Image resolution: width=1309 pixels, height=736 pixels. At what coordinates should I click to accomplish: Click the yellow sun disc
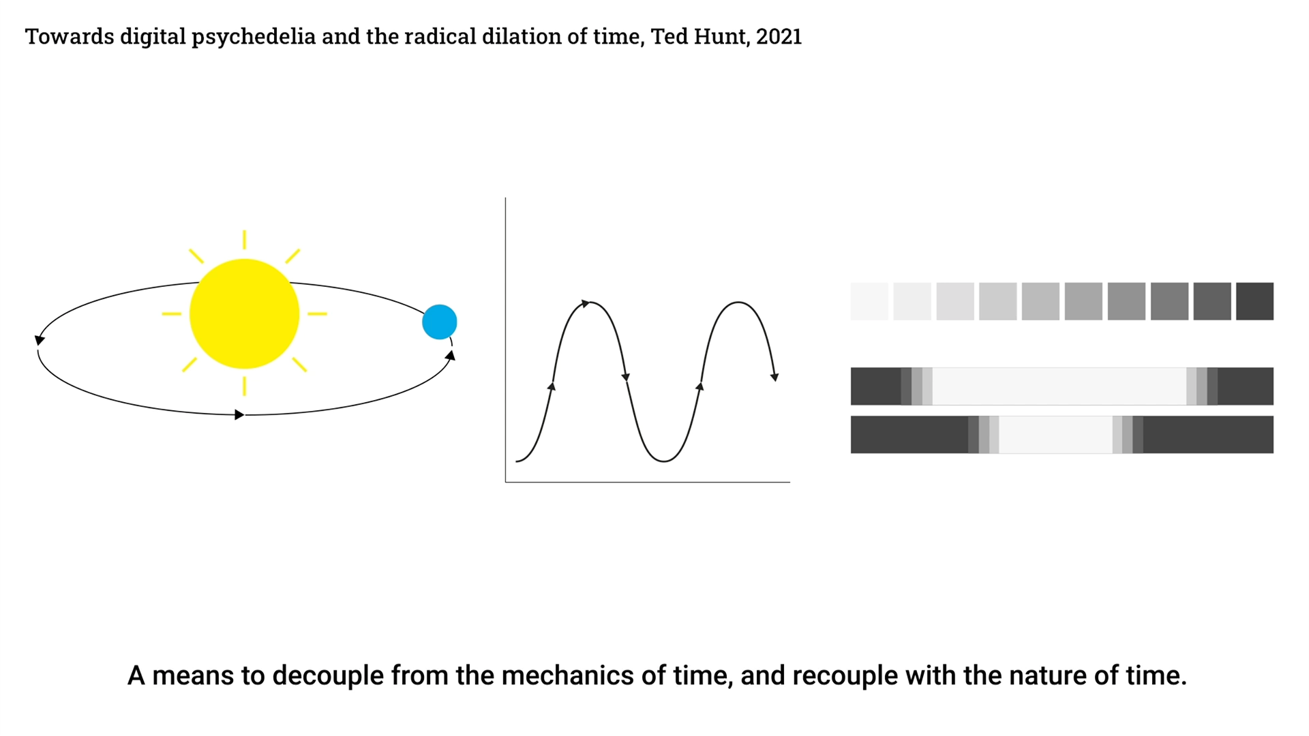(244, 313)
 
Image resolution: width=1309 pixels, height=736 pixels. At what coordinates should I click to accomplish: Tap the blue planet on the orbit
(440, 322)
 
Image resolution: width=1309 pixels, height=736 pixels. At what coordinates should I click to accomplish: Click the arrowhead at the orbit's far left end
(40, 339)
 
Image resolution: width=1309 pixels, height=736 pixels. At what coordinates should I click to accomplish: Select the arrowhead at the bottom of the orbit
(239, 414)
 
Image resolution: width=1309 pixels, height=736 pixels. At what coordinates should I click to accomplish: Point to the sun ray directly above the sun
(244, 240)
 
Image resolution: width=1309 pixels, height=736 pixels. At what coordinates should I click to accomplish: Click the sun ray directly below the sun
(244, 386)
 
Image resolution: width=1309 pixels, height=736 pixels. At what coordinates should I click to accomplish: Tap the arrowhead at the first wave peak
(586, 303)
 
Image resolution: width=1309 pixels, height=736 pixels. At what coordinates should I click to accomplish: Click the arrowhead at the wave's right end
(774, 377)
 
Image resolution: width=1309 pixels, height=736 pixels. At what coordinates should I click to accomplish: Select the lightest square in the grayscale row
(869, 301)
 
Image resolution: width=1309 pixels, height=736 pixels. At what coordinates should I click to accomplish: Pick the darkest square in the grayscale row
(1254, 301)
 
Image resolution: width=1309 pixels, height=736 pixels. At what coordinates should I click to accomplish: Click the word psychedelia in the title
(254, 37)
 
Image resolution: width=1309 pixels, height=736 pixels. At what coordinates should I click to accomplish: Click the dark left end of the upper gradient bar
(876, 386)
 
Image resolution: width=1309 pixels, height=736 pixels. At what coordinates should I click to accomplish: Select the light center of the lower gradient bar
(1055, 435)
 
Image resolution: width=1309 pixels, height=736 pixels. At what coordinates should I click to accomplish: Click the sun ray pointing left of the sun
(172, 313)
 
